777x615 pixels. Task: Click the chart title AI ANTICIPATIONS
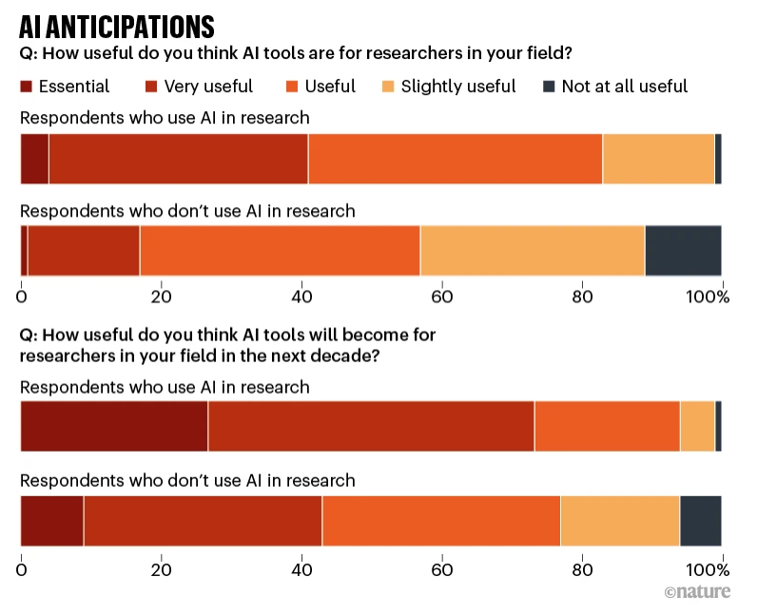click(117, 26)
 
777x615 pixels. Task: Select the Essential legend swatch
click(28, 86)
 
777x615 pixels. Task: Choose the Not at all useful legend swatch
click(548, 86)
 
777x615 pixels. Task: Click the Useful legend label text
click(330, 86)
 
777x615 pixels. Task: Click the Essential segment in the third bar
click(114, 426)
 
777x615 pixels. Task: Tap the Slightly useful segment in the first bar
click(658, 159)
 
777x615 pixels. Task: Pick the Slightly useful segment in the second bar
click(533, 250)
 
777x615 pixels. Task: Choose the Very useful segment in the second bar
click(84, 250)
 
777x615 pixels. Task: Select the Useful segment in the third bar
click(607, 426)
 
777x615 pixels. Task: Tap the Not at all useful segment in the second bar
click(683, 250)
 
